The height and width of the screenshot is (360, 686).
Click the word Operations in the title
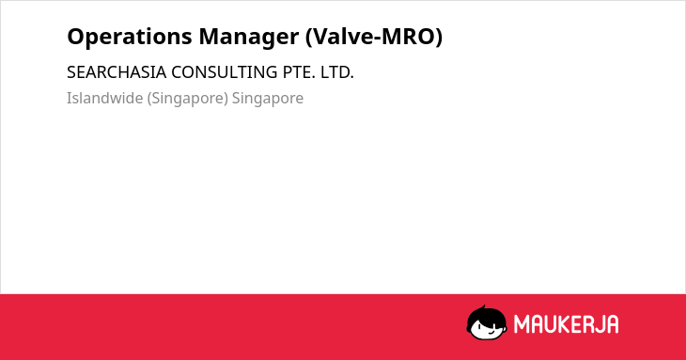[x=130, y=37]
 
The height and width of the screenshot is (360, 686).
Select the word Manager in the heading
[x=249, y=38]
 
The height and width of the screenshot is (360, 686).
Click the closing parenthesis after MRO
[x=438, y=37]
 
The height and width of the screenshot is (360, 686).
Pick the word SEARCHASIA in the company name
[x=117, y=72]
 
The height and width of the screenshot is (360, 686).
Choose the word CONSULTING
[x=224, y=72]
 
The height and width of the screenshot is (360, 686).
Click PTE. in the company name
[x=299, y=72]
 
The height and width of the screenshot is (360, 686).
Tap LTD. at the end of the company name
[x=336, y=72]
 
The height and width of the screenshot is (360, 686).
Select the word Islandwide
[x=105, y=98]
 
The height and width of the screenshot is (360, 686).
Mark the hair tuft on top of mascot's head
[x=483, y=307]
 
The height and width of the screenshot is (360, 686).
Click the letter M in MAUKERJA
[x=522, y=324]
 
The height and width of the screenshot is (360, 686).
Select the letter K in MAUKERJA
[x=567, y=324]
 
